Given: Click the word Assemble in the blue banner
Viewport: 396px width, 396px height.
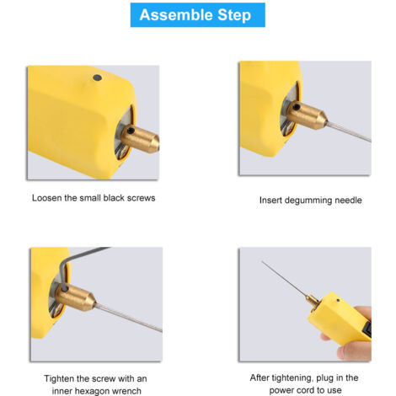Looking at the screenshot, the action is [x=176, y=15].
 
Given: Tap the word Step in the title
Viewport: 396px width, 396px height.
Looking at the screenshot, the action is [x=234, y=16].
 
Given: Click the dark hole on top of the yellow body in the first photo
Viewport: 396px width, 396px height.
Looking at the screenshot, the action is [x=97, y=78].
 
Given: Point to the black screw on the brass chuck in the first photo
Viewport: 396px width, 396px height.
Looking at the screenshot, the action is [x=131, y=131].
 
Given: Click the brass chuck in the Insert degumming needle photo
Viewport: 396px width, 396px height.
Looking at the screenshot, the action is [x=307, y=115].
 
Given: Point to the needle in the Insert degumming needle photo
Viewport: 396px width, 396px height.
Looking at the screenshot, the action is [x=349, y=131].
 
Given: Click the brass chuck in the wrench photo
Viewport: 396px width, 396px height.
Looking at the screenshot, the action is [x=75, y=297].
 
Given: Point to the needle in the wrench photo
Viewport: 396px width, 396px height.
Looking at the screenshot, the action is [x=128, y=318].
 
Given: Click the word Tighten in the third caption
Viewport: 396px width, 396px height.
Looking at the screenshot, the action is [x=59, y=378].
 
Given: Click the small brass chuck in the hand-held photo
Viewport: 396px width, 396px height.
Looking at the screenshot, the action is [x=313, y=301].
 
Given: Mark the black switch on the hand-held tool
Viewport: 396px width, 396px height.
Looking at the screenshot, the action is [x=368, y=329].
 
